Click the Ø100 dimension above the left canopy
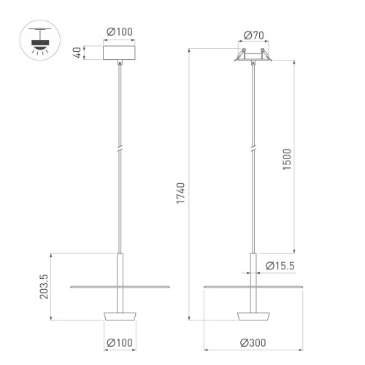pos(120,33)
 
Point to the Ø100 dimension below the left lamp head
pos(120,342)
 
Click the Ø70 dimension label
pos(253,34)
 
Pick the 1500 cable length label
pos(286,159)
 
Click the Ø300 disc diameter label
pos(253,342)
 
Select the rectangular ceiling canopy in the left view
pos(120,53)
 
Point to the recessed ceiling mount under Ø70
pos(253,57)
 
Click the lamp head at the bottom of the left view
pos(120,315)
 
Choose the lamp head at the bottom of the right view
pos(253,315)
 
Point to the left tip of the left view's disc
pos(71,287)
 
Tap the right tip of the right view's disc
pos(301,287)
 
